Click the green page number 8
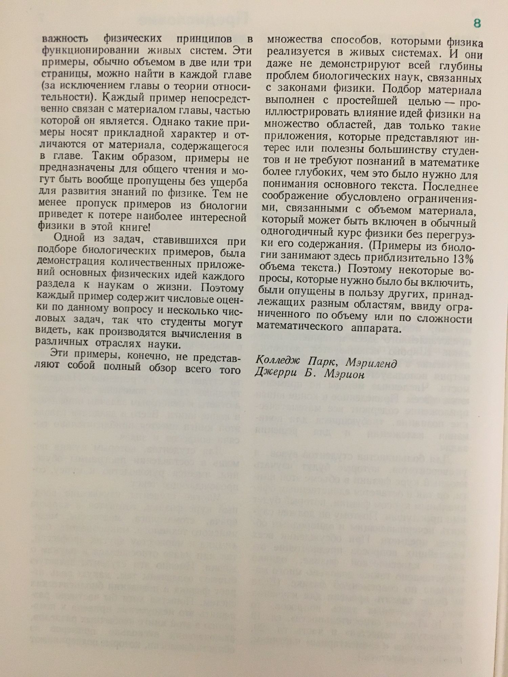(477, 24)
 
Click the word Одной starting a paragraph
(69, 238)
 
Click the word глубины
(462, 66)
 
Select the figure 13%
(462, 259)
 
